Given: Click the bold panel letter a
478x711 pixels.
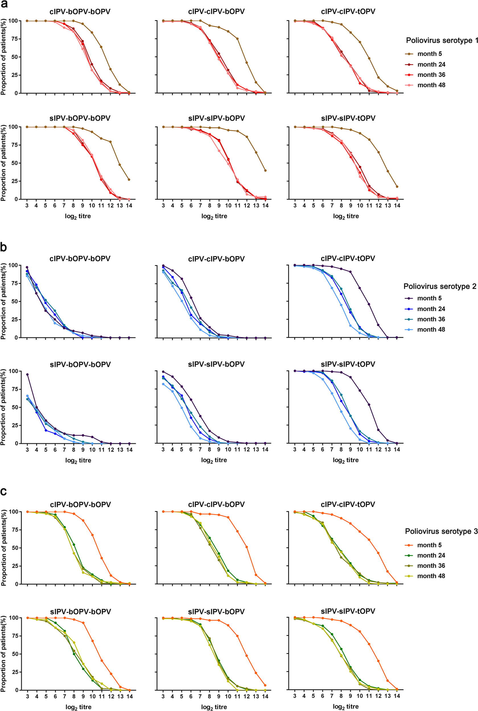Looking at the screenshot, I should coord(4,4).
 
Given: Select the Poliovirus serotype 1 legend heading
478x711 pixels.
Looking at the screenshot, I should coord(442,40).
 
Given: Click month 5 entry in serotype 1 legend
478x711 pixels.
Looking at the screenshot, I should coord(429,54).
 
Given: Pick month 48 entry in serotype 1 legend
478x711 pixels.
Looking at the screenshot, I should coord(431,85).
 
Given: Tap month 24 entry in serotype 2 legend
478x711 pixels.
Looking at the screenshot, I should coord(431,309).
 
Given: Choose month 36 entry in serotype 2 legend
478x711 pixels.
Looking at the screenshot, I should coord(431,319).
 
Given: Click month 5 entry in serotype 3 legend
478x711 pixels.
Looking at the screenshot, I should coord(429,545).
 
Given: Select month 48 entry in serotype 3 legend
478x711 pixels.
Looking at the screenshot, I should coord(431,576).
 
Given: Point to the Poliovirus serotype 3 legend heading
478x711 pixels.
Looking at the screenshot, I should coord(441,531).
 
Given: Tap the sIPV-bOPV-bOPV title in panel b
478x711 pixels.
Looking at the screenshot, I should coord(80,364).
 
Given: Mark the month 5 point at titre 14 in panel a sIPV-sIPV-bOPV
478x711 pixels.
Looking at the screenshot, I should coord(265,171).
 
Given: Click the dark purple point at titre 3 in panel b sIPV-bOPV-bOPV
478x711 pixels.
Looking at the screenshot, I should coord(27,374).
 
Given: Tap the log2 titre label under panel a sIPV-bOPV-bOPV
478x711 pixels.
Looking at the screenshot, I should coord(78,216).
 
